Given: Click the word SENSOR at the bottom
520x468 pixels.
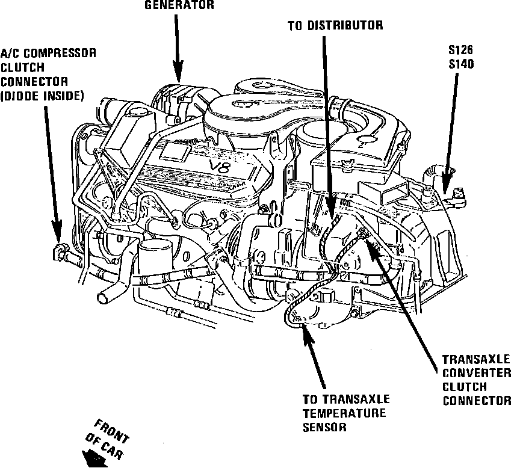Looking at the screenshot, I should (x=325, y=427).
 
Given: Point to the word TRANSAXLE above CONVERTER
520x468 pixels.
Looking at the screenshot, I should (x=476, y=359).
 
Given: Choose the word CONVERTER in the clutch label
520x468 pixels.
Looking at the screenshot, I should (x=475, y=373).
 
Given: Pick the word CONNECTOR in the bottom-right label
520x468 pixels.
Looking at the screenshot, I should (x=477, y=401).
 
